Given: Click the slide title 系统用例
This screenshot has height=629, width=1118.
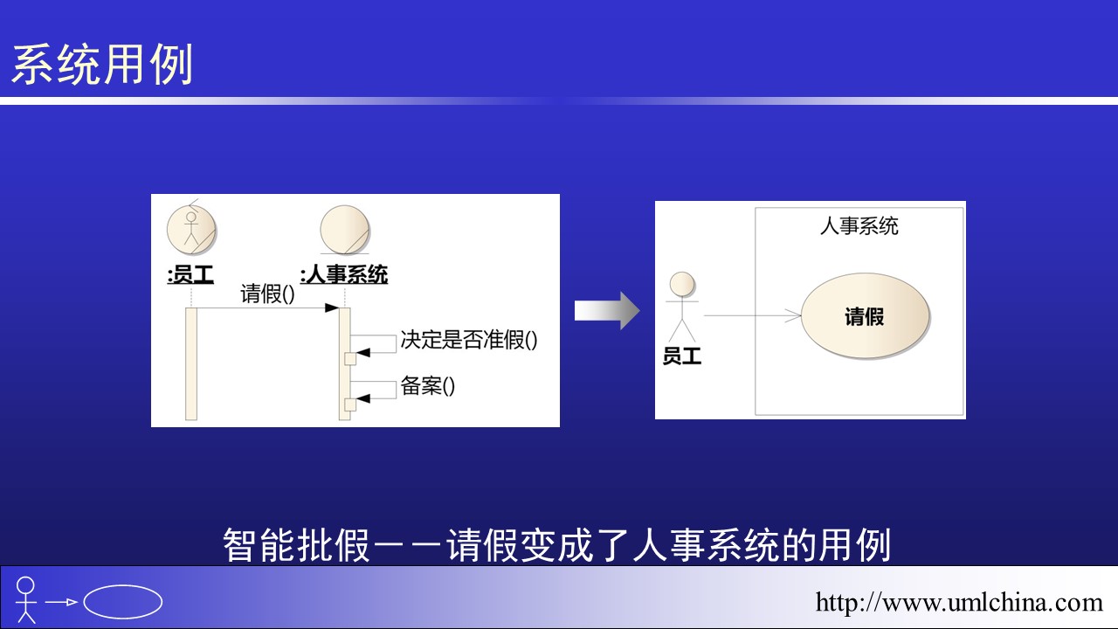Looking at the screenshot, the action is pos(102,65).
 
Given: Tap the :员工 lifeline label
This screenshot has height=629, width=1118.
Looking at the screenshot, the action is pos(190,274).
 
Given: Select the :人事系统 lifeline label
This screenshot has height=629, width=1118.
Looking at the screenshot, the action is pos(344,274).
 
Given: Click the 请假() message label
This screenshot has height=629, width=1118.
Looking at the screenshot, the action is pos(267,294).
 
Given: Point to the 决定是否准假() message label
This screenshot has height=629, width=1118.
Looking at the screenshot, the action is pos(469,340).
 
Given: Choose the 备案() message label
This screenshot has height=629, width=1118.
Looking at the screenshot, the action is pos(428,386).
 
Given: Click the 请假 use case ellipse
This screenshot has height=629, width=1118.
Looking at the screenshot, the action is pos(865,315).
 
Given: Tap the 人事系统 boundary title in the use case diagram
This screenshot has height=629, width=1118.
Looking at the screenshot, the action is pos(859,226).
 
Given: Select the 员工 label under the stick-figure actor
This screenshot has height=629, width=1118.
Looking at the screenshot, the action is pos(682,356).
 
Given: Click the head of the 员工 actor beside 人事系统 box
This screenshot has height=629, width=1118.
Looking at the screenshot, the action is pos(682,285).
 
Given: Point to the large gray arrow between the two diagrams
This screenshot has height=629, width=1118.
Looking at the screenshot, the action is pos(607,310).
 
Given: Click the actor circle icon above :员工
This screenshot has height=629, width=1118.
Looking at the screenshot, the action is pos(191,230).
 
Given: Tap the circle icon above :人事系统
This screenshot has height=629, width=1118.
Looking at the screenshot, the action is pos(344,230).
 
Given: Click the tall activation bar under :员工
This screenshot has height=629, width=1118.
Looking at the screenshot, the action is pos(191,364).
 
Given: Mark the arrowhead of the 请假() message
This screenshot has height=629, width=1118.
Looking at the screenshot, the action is pos(332,308).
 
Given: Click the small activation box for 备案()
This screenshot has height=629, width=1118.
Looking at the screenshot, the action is pos(350,404).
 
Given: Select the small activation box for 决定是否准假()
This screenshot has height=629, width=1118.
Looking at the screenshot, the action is pos(350,358).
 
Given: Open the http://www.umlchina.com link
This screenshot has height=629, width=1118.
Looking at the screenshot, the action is pos(959,603).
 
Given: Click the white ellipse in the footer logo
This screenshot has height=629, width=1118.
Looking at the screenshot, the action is pos(123,602).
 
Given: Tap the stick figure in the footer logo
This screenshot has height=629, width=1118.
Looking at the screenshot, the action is pos(25,600).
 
